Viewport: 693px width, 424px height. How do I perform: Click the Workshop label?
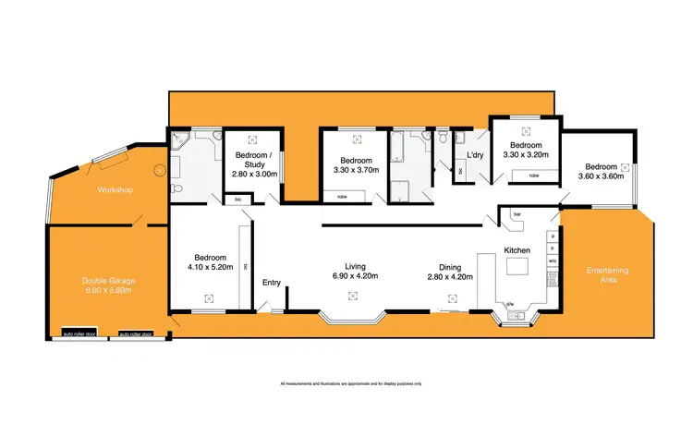click(x=115, y=190)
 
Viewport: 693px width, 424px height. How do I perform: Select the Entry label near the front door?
click(x=272, y=283)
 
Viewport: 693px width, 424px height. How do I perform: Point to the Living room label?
click(x=351, y=266)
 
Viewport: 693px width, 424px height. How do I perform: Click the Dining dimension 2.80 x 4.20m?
click(x=450, y=275)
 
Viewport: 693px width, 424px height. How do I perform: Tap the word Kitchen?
click(x=516, y=250)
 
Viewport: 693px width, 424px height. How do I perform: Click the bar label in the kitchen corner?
click(x=517, y=215)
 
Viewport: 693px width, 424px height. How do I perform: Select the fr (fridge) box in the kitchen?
click(x=552, y=248)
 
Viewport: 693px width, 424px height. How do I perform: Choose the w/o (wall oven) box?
click(x=552, y=261)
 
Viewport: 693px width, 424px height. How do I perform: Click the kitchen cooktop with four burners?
click(x=552, y=279)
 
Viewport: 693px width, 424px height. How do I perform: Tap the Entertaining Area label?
click(x=607, y=273)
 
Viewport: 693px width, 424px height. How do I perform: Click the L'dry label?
click(x=476, y=154)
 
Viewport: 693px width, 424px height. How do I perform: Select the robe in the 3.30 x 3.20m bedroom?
click(x=534, y=175)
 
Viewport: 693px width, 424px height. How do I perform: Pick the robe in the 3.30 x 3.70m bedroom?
click(x=342, y=196)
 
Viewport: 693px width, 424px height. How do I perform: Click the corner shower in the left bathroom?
click(x=178, y=142)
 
